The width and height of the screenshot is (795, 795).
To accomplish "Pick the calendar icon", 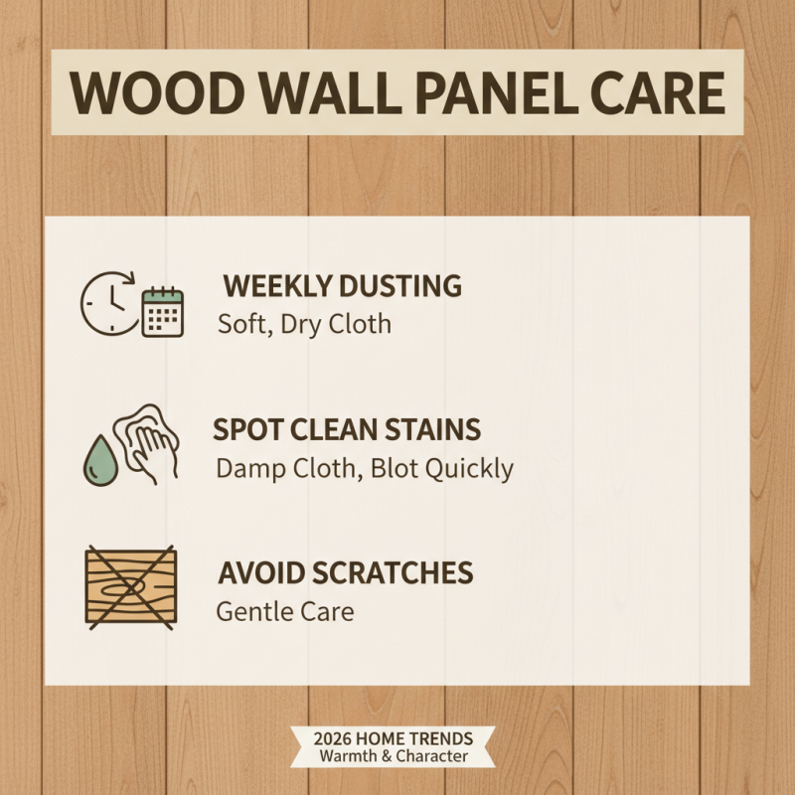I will coord(162,312).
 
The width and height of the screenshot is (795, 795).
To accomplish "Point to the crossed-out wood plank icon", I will coord(130,587).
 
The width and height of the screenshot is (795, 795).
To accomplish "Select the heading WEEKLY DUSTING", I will coord(342,286).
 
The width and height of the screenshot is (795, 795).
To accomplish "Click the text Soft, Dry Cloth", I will coord(304,324).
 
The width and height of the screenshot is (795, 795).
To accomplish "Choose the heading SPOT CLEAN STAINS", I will coord(347,430).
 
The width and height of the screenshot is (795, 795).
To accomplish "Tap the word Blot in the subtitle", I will coord(396,468).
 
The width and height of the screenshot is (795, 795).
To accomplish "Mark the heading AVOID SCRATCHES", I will coord(344,573).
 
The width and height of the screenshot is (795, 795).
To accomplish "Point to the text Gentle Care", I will coord(284,611).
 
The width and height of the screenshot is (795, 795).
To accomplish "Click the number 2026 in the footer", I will coord(336,739).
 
